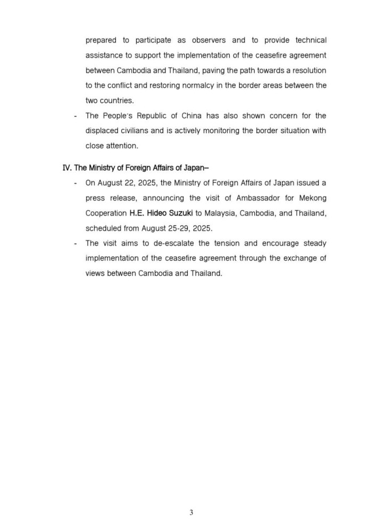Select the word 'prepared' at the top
pyautogui.click(x=100, y=40)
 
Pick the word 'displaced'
pyautogui.click(x=101, y=131)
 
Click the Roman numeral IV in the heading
pyautogui.click(x=67, y=168)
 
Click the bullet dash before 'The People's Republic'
pyautogui.click(x=75, y=115)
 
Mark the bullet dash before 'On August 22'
pyautogui.click(x=75, y=182)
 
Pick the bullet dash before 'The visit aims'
pyautogui.click(x=75, y=243)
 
